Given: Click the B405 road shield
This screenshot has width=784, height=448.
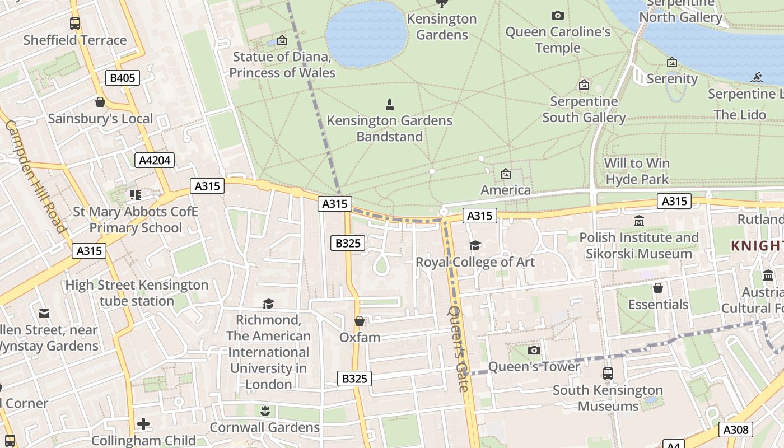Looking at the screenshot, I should coord(122,78).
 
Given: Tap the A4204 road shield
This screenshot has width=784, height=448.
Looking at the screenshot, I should coord(155,160).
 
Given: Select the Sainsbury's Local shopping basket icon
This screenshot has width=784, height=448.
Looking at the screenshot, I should coord(100,102).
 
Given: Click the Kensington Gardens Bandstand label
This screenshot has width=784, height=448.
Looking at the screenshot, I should coord(389,128).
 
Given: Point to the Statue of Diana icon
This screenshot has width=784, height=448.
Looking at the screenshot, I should coord(282,40).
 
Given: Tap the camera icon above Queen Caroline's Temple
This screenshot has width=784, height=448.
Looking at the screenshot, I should coord(557,15).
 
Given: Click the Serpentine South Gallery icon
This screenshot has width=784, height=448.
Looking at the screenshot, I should coord(584,85).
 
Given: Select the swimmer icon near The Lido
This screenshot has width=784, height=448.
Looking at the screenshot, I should coord(758,77).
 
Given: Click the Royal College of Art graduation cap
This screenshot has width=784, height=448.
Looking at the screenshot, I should coord(475,245).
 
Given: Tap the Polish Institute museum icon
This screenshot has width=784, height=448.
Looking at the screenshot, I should coord(639,221).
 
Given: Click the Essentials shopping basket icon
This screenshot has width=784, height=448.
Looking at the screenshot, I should coord(658,288).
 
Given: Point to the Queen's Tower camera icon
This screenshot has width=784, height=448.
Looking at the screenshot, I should coord(534,350).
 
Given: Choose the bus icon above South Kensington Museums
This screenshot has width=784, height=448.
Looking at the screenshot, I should coord(608,373).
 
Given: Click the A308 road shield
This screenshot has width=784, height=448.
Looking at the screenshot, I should coord(735,430).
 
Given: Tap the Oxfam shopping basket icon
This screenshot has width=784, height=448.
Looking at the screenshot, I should coord(360,321).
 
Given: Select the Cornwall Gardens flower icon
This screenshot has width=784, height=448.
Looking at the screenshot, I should coord(265,411).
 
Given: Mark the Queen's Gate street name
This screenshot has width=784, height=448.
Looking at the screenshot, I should coord(458,348).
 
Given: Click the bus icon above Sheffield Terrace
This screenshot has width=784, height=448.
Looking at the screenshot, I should coord(75,23).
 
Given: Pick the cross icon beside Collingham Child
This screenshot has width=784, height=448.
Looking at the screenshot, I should coord(143,424).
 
